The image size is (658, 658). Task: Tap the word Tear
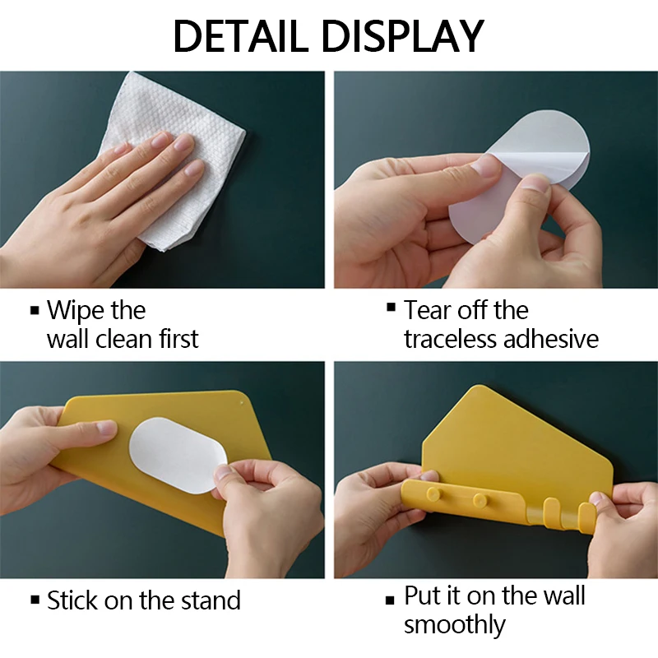427,311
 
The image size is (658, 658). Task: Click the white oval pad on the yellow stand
178,455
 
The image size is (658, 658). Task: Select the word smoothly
454,625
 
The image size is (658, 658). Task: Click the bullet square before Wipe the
35,311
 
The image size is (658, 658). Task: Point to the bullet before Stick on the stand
35,600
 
